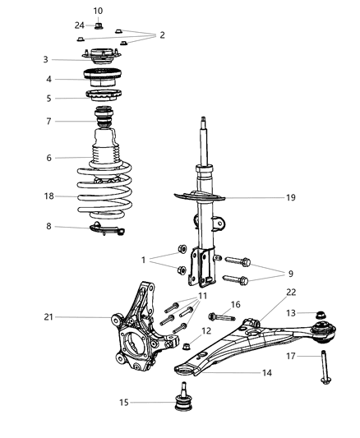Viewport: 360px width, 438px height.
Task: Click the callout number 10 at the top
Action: [x=98, y=11]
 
